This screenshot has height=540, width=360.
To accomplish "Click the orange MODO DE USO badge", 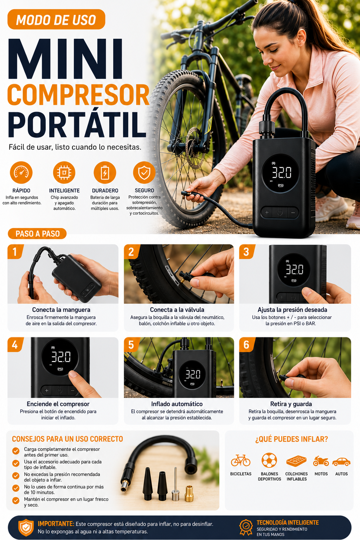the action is click(x=56, y=19).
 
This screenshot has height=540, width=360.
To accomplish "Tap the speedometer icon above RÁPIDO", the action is click(x=21, y=172).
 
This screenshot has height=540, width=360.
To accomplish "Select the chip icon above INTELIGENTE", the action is click(x=64, y=172).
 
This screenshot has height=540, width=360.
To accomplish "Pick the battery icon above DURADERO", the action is click(x=105, y=172).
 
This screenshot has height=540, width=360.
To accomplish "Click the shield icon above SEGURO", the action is click(x=144, y=172).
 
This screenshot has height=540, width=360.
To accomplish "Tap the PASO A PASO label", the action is click(x=37, y=234).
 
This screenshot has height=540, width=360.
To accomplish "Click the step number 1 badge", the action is click(x=15, y=252).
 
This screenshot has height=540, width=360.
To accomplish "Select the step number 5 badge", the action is click(x=131, y=344).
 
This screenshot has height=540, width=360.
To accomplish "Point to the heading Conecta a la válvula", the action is click(x=177, y=310).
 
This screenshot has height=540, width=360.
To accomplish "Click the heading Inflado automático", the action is click(x=177, y=404).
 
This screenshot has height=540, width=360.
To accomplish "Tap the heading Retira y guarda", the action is click(x=291, y=404).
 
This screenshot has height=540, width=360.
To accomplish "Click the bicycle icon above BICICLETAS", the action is click(x=240, y=460).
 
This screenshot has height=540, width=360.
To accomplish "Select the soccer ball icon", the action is click(x=269, y=460).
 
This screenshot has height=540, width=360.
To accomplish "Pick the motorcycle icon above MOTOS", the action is click(x=321, y=461).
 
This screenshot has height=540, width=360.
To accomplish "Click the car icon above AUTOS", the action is click(x=341, y=462).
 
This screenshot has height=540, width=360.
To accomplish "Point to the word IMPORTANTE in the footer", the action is click(x=56, y=523).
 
